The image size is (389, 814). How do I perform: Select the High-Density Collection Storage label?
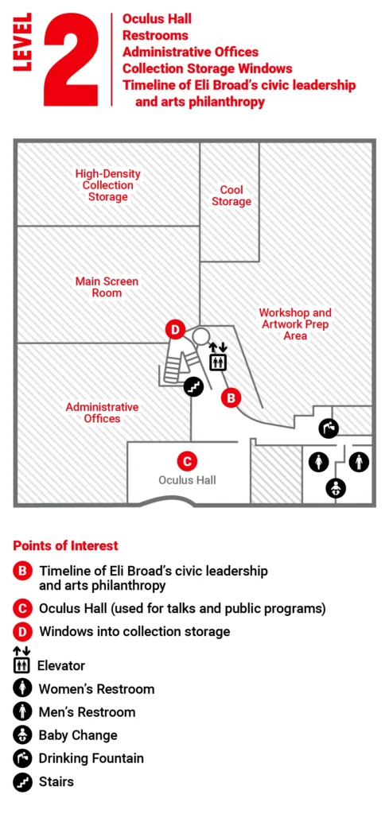click(108, 184)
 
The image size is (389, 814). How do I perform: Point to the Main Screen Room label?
click(107, 287)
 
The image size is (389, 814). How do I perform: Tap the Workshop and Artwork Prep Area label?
click(295, 324)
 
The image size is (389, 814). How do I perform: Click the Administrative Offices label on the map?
click(102, 412)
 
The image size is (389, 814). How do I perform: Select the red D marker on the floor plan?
click(175, 330)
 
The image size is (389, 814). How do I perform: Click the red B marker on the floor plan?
click(231, 397)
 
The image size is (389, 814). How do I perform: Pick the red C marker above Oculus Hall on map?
click(186, 460)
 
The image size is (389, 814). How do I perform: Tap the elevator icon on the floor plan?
click(218, 359)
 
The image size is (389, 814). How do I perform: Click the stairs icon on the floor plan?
click(193, 387)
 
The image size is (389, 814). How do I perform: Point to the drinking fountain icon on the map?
click(329, 428)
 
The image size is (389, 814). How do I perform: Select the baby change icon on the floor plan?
click(336, 488)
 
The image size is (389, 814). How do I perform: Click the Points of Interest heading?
click(65, 545)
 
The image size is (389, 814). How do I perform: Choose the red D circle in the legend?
click(23, 632)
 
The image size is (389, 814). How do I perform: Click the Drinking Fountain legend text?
click(91, 758)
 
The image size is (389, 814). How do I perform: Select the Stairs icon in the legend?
click(23, 781)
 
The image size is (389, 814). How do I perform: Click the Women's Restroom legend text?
click(96, 688)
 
